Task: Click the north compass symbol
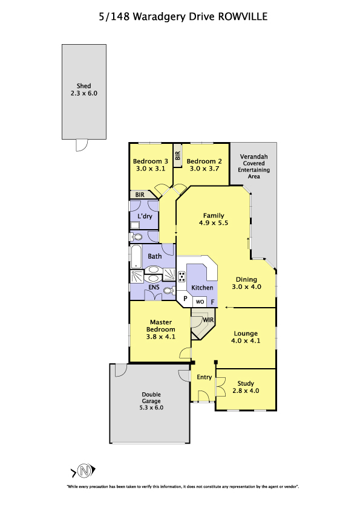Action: (83, 471)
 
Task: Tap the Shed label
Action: (84, 86)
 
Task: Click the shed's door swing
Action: (82, 145)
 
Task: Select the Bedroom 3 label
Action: (151, 161)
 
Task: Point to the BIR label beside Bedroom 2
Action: (177, 156)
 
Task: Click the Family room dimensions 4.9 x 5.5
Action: (214, 222)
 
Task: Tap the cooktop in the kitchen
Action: (182, 277)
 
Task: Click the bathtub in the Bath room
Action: (136, 256)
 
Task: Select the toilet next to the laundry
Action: (136, 236)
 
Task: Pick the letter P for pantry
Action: (186, 298)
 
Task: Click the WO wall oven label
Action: (200, 302)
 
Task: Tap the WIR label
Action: (208, 320)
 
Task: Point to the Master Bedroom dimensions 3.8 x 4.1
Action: (161, 337)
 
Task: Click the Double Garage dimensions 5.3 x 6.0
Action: (151, 407)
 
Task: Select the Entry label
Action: (205, 377)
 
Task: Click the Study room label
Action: (246, 384)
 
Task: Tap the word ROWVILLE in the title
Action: (243, 16)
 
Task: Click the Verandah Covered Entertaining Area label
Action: (254, 166)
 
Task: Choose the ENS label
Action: (154, 287)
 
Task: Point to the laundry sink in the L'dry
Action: (135, 225)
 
